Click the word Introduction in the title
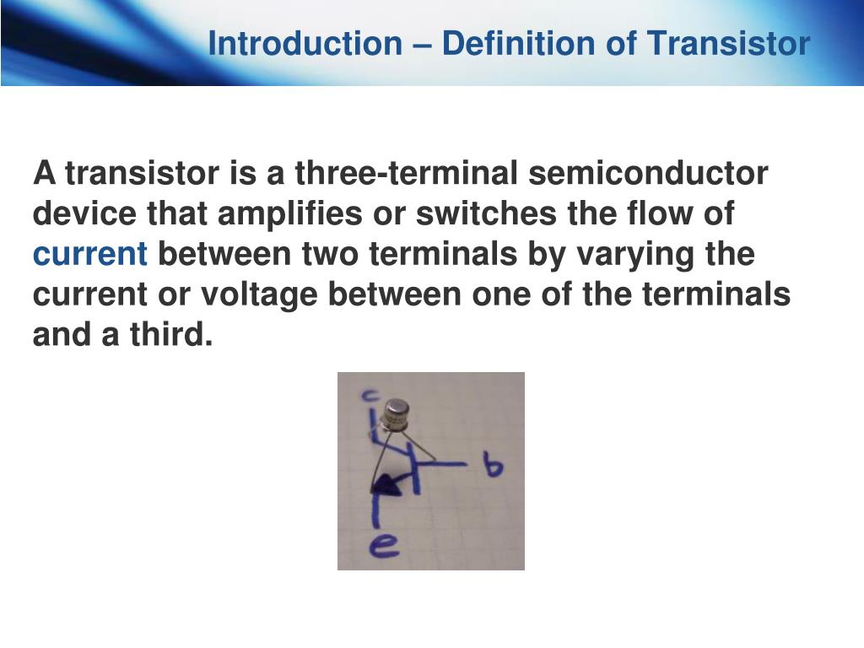[x=305, y=43]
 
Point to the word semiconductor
[x=649, y=174]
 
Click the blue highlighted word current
[x=90, y=255]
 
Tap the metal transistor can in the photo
[x=395, y=414]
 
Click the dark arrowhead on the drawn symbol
[x=386, y=486]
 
